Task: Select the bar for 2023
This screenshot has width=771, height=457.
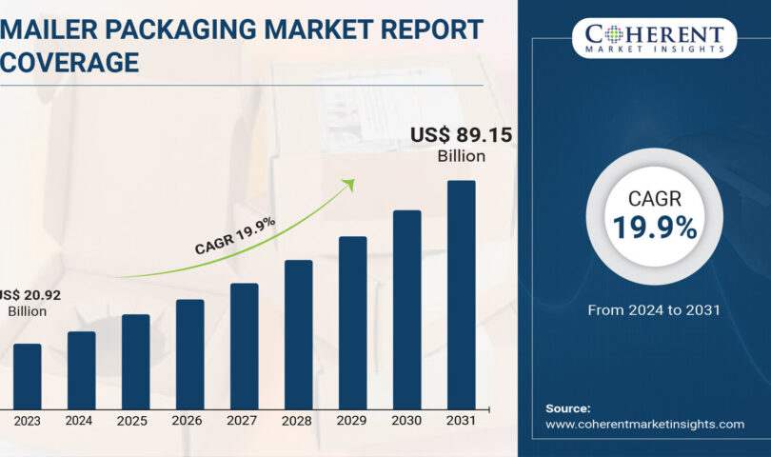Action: click(x=27, y=376)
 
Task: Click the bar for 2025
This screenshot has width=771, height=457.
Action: click(x=135, y=362)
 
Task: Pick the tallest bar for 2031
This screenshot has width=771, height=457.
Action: click(x=461, y=295)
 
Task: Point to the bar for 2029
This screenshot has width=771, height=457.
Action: click(x=352, y=323)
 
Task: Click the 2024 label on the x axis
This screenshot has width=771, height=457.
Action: click(x=81, y=420)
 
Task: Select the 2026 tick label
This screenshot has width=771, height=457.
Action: click(x=189, y=420)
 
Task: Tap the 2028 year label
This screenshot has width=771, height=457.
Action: click(x=298, y=420)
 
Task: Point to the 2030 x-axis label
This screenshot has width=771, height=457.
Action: click(x=406, y=420)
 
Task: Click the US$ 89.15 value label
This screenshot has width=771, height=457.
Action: click(x=461, y=136)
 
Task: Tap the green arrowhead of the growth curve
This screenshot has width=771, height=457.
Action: click(x=348, y=185)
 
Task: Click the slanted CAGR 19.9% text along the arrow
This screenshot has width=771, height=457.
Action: click(x=235, y=235)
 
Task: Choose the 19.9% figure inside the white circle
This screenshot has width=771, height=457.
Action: click(x=654, y=228)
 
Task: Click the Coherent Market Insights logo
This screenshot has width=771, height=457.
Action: click(x=654, y=37)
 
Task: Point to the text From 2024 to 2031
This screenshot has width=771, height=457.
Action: click(x=654, y=309)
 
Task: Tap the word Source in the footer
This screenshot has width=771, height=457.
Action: click(x=567, y=407)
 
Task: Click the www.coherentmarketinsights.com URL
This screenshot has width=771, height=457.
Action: click(x=644, y=424)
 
